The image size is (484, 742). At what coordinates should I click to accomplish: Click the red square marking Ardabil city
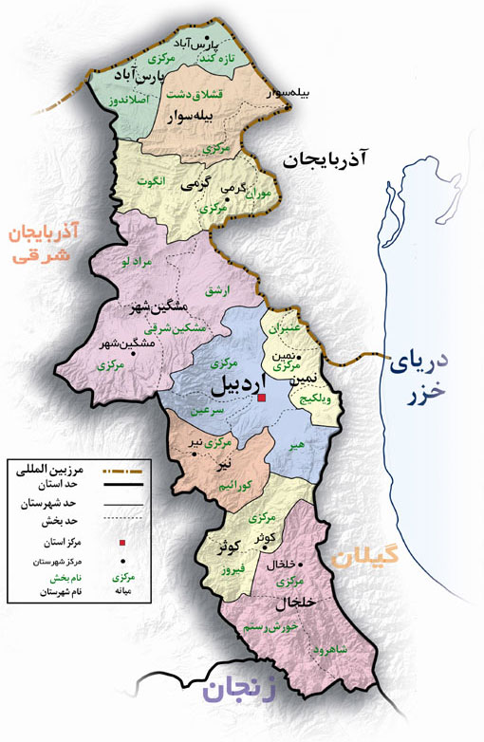(x=262, y=399)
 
